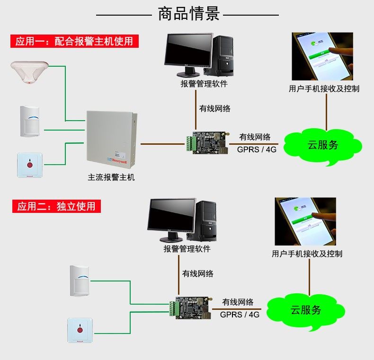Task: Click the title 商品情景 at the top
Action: point(189,14)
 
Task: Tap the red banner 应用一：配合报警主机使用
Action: point(74,41)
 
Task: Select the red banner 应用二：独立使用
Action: point(56,206)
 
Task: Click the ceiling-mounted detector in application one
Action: point(30,71)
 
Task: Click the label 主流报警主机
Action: point(111,177)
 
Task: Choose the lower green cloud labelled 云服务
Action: point(306,310)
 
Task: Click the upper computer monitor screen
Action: point(188,52)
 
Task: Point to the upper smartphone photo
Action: point(322,56)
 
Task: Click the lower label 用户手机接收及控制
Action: point(307,254)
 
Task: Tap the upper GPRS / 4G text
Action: point(257,149)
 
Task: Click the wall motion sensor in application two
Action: point(79,280)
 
